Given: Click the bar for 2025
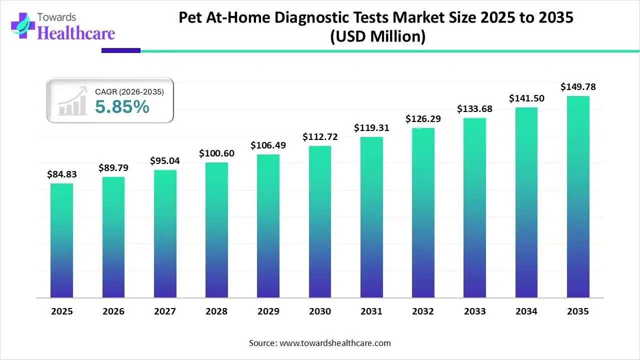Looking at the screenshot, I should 61,240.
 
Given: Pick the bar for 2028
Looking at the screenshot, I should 216,230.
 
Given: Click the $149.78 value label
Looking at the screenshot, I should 578,87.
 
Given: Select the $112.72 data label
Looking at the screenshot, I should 320,137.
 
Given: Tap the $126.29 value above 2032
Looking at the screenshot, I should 423,119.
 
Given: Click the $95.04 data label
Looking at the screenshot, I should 165,161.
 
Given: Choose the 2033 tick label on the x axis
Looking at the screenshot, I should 474,311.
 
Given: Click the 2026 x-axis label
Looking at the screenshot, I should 113,311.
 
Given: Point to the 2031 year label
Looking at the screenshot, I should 371,311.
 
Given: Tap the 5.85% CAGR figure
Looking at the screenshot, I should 122,106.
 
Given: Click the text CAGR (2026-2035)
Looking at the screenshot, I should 129,91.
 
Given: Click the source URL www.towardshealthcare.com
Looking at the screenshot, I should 334,343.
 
